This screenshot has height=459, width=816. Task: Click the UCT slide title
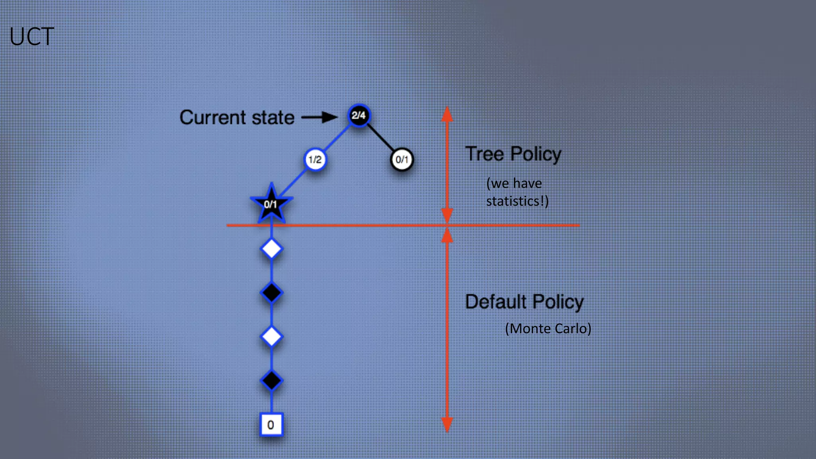point(32,37)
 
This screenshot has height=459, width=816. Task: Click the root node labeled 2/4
point(359,116)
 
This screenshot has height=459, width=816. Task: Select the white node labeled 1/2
point(315,160)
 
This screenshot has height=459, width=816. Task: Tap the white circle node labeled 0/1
point(402,160)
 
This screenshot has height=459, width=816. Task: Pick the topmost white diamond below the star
point(271,249)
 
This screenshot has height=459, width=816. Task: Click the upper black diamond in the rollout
point(271,293)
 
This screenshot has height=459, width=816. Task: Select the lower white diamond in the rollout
point(271,337)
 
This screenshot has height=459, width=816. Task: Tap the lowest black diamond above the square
point(271,381)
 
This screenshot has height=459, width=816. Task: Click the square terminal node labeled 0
point(271,425)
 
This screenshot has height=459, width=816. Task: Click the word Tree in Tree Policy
point(484,154)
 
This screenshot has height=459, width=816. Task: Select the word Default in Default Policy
point(496,302)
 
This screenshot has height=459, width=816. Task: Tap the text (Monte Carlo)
point(548,329)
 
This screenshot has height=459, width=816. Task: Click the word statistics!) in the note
point(517,201)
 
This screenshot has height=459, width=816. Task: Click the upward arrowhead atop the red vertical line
point(447,114)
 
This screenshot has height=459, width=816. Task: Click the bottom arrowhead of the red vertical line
point(447,424)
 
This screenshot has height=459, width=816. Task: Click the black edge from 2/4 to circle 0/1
point(381,138)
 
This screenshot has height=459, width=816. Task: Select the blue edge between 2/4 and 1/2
point(337,138)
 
